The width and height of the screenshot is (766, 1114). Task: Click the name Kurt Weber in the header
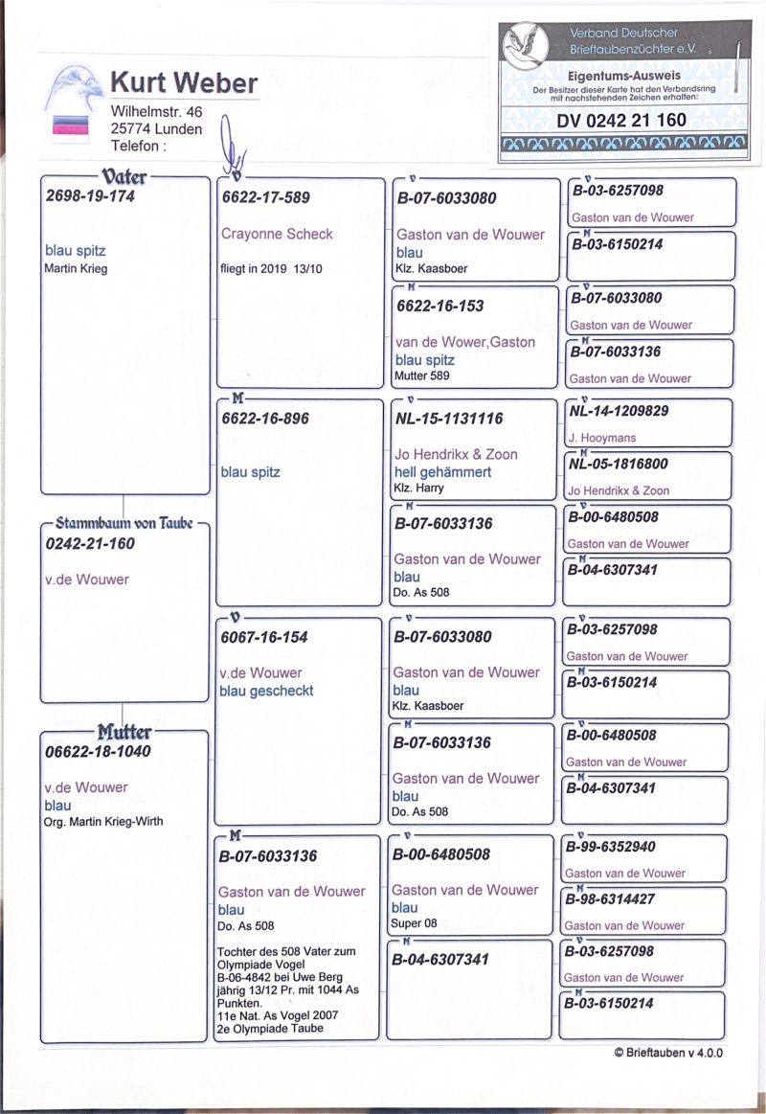click(x=184, y=83)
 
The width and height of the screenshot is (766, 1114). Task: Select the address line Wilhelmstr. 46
click(x=156, y=112)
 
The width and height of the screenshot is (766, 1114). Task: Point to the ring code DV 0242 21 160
click(x=621, y=120)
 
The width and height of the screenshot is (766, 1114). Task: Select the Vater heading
click(x=124, y=175)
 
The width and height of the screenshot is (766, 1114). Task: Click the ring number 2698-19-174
click(x=91, y=197)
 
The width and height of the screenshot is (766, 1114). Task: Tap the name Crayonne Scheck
click(x=277, y=234)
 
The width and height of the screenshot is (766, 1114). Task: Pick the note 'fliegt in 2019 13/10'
click(x=272, y=269)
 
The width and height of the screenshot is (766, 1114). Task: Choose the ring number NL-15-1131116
click(x=449, y=419)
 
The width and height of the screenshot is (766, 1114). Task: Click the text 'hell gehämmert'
click(x=442, y=472)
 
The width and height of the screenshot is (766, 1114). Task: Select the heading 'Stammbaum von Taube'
click(x=124, y=524)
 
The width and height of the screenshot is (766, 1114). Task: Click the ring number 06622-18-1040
click(x=98, y=752)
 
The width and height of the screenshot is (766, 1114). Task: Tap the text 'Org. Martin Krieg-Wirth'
click(x=103, y=822)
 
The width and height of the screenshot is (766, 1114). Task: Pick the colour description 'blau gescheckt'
click(x=267, y=691)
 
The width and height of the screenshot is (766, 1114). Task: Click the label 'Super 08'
click(x=414, y=924)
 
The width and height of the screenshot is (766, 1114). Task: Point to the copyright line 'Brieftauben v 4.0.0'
click(x=668, y=1053)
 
